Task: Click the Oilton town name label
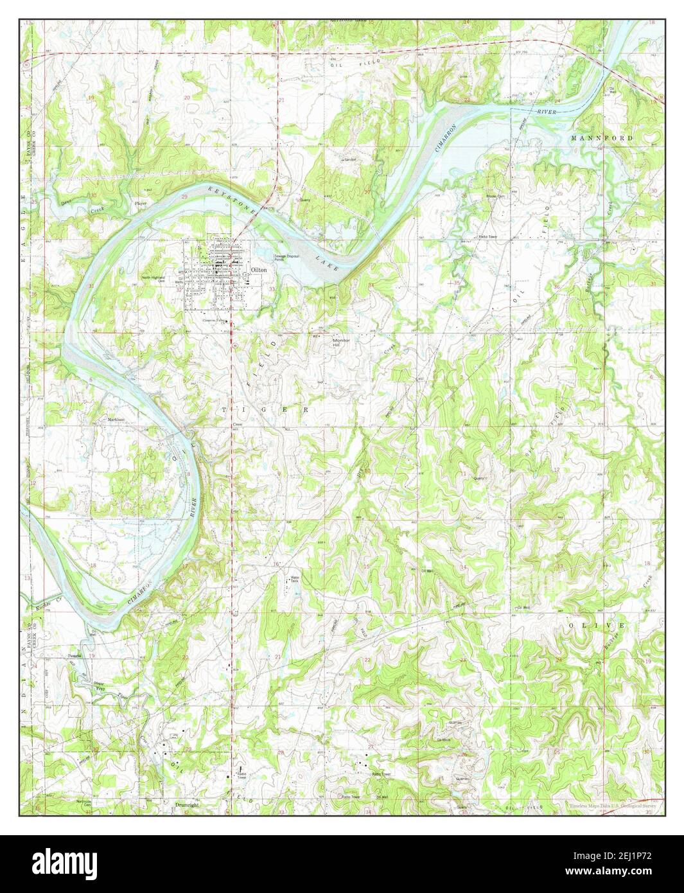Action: [x=259, y=271]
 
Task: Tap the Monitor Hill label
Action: [x=340, y=342]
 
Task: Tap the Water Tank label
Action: [x=295, y=579]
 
